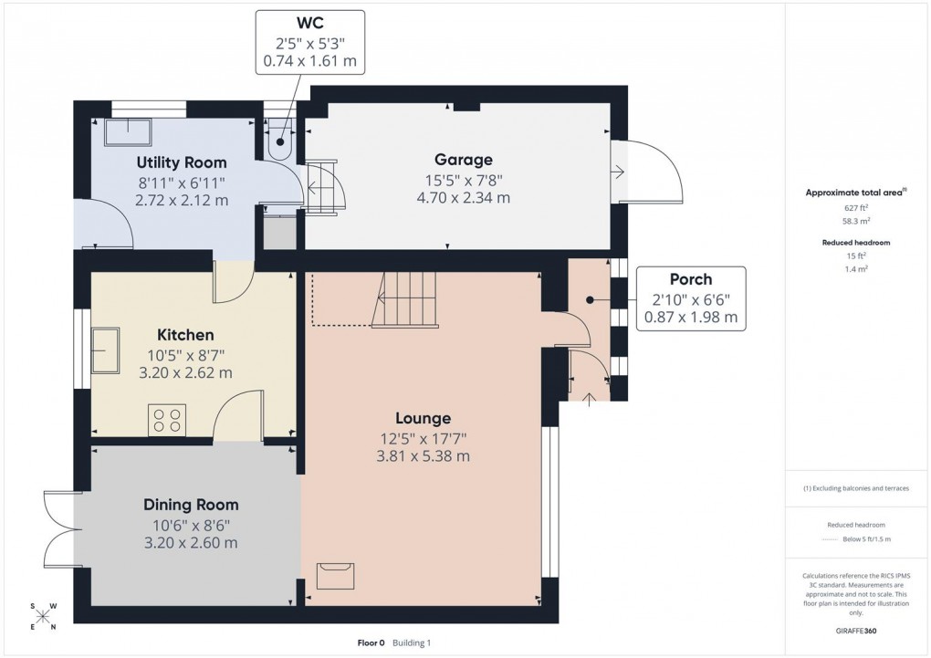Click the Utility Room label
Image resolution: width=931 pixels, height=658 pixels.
point(181,162)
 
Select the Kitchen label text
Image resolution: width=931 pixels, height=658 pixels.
point(185,335)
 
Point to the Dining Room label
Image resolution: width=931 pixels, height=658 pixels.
point(191,505)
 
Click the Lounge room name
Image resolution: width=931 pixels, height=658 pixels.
point(424,418)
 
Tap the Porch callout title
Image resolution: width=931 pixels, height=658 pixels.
point(690,279)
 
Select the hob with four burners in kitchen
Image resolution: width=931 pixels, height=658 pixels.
point(167,419)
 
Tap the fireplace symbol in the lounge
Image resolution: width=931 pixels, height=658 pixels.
point(335,577)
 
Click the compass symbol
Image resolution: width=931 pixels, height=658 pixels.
point(43,616)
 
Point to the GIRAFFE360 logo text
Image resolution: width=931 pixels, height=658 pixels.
point(857,631)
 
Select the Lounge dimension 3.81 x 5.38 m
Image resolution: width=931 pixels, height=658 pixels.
point(424,455)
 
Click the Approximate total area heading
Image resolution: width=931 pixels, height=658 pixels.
point(854,192)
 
